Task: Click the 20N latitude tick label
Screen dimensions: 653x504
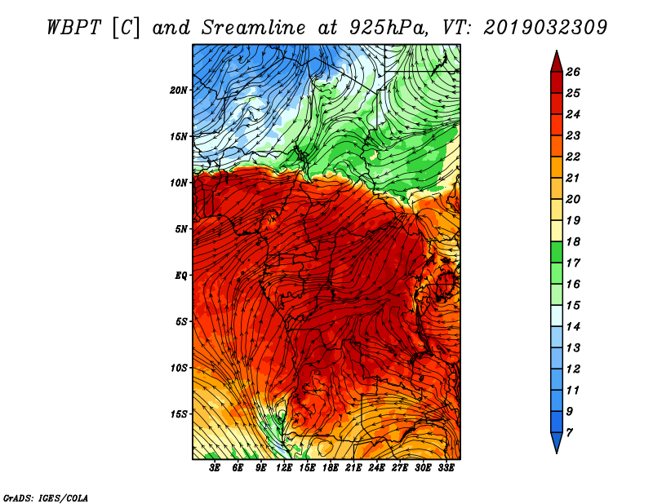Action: click(x=179, y=91)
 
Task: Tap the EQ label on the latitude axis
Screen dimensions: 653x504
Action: click(x=181, y=275)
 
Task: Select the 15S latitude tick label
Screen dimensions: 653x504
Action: click(x=179, y=414)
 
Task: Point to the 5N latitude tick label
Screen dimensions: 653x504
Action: click(x=181, y=229)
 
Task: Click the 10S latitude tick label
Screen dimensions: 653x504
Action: click(x=179, y=368)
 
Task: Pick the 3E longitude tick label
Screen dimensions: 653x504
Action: click(x=215, y=468)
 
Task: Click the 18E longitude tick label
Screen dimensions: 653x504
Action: click(x=331, y=468)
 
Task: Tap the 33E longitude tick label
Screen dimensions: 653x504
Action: click(x=446, y=468)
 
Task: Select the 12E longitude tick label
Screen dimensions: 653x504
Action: click(x=284, y=468)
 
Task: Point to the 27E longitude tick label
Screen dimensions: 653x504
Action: click(x=400, y=468)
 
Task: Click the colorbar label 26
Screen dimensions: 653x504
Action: click(x=573, y=72)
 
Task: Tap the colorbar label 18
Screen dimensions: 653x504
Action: click(x=573, y=241)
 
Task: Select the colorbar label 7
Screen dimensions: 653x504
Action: click(x=569, y=433)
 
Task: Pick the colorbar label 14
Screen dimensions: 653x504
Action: click(x=573, y=327)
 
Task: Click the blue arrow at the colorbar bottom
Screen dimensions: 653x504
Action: click(x=557, y=442)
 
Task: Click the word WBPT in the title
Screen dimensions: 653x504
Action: click(x=73, y=28)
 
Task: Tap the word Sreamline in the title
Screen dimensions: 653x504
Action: click(x=254, y=28)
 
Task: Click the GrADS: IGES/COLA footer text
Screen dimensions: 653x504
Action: click(x=46, y=498)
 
